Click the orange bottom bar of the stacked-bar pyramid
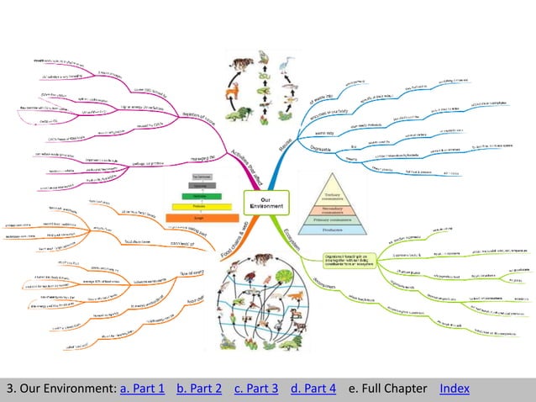pyautogui.click(x=200, y=216)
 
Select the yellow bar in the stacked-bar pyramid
pyautogui.click(x=200, y=205)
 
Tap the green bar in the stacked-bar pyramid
pyautogui.click(x=200, y=195)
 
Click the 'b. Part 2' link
pyautogui.click(x=199, y=388)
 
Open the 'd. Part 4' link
pyautogui.click(x=313, y=388)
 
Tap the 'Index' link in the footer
pyautogui.click(x=455, y=388)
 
